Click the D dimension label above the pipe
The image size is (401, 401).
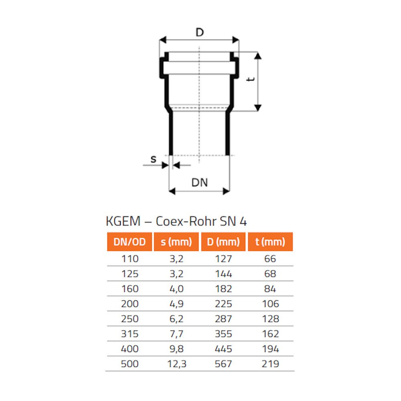click(x=199, y=32)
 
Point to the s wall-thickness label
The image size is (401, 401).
click(x=153, y=159)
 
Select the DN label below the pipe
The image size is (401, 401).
click(x=199, y=182)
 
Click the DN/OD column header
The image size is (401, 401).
click(x=129, y=242)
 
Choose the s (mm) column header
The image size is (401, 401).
click(x=176, y=242)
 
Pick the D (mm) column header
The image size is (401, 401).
click(x=223, y=242)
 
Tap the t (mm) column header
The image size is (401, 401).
click(x=270, y=242)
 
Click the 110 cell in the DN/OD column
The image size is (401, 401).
click(x=130, y=259)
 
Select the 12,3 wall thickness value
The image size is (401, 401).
click(x=176, y=364)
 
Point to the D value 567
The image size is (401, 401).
click(x=223, y=364)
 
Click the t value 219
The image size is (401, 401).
click(x=270, y=364)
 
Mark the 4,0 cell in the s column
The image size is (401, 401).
click(x=176, y=289)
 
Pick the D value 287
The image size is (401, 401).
click(x=223, y=319)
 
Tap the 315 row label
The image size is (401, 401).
click(x=130, y=334)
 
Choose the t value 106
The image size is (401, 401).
click(x=270, y=304)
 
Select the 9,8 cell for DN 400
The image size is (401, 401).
click(x=176, y=349)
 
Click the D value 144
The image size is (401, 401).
click(x=223, y=273)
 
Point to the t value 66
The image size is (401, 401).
click(x=270, y=259)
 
